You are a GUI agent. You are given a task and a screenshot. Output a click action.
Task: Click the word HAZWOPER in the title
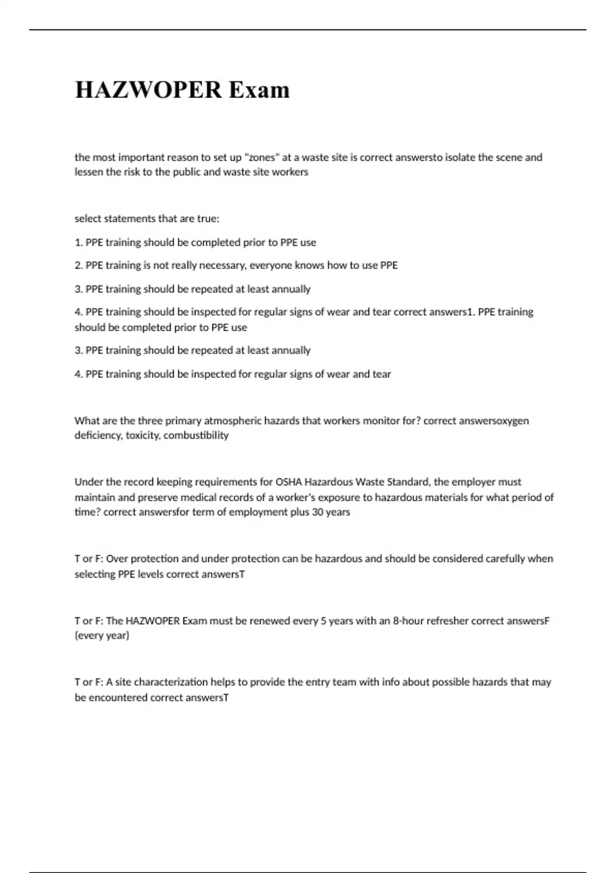(148, 90)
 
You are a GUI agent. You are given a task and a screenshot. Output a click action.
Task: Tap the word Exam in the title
(259, 90)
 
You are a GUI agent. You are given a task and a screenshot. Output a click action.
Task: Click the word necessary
(222, 265)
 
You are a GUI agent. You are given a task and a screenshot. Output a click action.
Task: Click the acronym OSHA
(288, 482)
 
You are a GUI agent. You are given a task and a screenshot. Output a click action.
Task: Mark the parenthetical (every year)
(102, 636)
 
